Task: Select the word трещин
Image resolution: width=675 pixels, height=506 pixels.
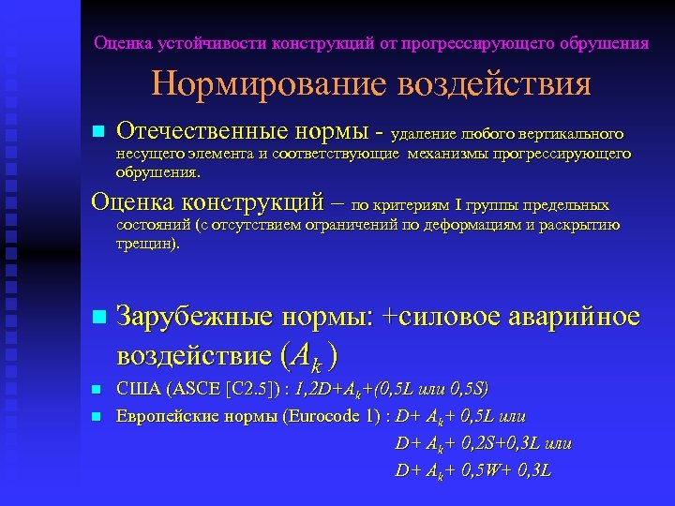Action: (146, 243)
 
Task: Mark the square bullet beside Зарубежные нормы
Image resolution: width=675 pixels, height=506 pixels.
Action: (98, 319)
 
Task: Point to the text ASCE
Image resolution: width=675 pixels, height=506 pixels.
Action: (190, 389)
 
